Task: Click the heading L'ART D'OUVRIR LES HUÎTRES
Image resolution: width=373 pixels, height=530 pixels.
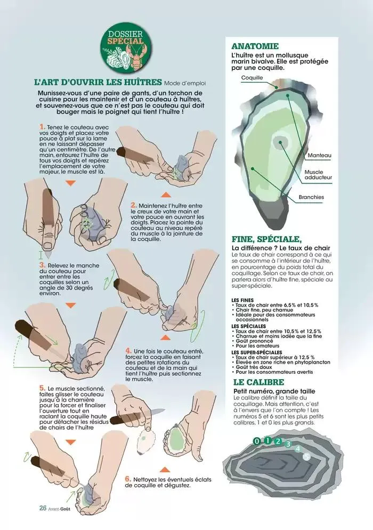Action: (x=98, y=82)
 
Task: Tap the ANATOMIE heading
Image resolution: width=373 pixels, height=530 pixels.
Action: (x=255, y=46)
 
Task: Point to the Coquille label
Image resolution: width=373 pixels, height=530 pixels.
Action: (x=252, y=78)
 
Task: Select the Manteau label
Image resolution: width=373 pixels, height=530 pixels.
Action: (x=319, y=156)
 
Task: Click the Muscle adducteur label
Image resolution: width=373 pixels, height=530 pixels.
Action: (x=318, y=175)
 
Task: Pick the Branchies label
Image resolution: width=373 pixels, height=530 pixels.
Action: (x=311, y=197)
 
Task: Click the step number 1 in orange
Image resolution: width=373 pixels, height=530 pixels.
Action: (x=42, y=127)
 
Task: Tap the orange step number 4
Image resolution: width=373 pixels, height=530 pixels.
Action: (x=128, y=351)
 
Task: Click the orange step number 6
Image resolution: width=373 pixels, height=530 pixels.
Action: (x=128, y=479)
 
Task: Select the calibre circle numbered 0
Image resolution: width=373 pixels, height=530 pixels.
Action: (x=257, y=441)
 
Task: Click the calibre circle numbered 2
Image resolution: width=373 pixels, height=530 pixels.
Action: (x=278, y=441)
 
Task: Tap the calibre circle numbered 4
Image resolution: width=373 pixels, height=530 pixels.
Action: (x=298, y=449)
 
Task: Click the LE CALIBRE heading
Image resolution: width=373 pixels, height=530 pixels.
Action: (x=259, y=382)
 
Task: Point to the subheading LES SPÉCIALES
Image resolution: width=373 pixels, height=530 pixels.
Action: (x=249, y=326)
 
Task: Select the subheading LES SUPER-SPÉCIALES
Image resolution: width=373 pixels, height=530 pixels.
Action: (x=257, y=352)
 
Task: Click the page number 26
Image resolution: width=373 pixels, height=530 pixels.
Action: (x=43, y=508)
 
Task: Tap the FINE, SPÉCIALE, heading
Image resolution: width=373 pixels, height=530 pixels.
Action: (x=266, y=239)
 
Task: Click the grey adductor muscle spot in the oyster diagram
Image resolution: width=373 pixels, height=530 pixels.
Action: (x=280, y=142)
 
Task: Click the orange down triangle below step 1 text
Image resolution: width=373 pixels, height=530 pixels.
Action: (x=71, y=183)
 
